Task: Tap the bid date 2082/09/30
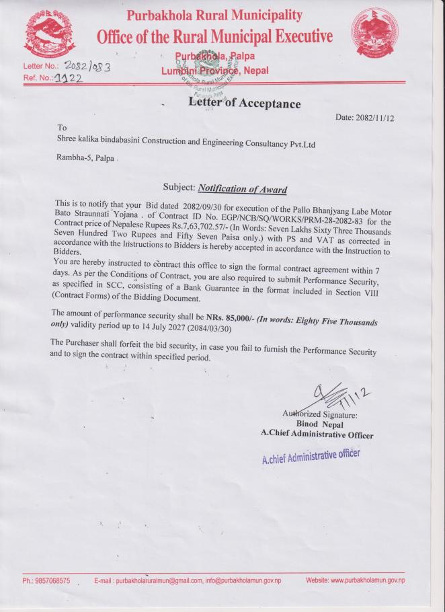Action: (x=202, y=204)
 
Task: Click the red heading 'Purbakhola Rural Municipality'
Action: (x=214, y=15)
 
